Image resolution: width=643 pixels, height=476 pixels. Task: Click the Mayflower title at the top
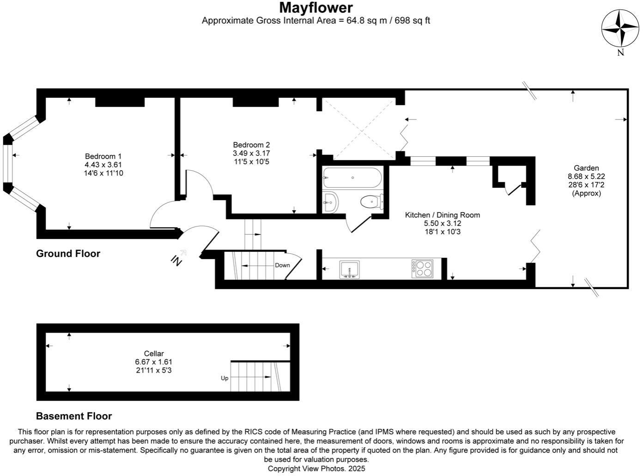(316, 8)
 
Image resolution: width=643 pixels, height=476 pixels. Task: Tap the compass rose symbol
(620, 29)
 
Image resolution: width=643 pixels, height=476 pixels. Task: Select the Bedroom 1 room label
(103, 156)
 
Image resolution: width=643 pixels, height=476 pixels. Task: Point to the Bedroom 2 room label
(251, 145)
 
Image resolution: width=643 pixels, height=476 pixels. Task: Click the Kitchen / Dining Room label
(442, 215)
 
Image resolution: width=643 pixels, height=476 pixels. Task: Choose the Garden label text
(586, 168)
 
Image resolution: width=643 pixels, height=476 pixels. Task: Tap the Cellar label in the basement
(154, 354)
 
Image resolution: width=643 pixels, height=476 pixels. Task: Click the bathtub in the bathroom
(352, 178)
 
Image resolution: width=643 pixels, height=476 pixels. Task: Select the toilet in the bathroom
(371, 202)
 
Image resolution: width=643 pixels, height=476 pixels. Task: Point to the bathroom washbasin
(330, 202)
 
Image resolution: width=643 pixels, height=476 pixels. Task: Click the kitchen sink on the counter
(349, 270)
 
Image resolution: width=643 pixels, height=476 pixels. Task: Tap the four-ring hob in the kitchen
(423, 269)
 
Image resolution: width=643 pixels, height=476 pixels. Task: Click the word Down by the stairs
(282, 265)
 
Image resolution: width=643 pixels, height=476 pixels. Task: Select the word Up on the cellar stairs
(224, 378)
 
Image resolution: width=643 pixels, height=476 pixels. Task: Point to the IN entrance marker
(176, 261)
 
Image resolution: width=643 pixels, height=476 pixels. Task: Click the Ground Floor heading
(68, 254)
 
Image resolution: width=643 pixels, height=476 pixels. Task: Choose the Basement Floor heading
(74, 416)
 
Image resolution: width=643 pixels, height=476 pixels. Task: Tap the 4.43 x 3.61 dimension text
(103, 165)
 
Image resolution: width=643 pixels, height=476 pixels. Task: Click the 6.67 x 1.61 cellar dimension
(154, 362)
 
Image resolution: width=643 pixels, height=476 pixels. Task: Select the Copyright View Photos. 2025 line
(316, 469)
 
